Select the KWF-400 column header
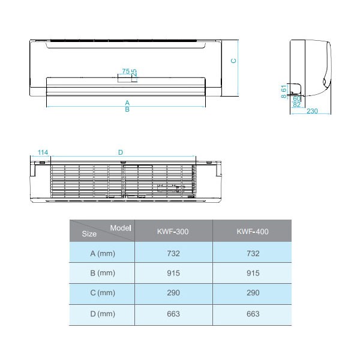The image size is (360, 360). (x=253, y=231)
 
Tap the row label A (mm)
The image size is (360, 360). (x=102, y=253)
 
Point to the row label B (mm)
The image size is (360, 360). (x=102, y=273)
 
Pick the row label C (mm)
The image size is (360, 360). (x=102, y=293)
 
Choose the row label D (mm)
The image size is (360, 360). (x=102, y=314)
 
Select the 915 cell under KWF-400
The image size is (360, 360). (x=253, y=273)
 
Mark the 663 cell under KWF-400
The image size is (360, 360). (x=253, y=314)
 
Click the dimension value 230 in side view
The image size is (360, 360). (x=312, y=111)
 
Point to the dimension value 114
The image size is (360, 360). (x=42, y=153)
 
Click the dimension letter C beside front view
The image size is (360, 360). (x=235, y=61)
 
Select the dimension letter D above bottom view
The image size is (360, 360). (x=121, y=153)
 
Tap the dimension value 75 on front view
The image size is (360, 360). (x=125, y=71)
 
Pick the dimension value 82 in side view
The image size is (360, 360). (x=296, y=104)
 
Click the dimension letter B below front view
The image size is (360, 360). (x=127, y=109)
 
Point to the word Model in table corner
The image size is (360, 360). (x=121, y=227)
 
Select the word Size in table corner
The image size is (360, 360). (x=89, y=235)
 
